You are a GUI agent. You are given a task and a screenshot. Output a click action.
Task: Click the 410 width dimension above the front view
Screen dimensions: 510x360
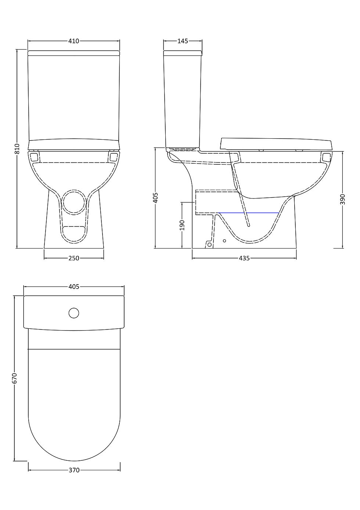pos(74,41)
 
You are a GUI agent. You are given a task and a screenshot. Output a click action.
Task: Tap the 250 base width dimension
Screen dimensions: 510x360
pos(74,258)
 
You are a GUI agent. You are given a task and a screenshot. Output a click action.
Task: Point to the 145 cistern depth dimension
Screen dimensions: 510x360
pos(183,41)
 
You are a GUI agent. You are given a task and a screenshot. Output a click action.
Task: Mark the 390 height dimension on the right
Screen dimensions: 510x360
pos(343,199)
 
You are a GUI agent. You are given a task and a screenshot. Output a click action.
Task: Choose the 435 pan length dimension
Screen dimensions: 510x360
pos(244,258)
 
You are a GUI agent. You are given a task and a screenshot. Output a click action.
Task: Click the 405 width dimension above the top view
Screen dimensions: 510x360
pos(74,287)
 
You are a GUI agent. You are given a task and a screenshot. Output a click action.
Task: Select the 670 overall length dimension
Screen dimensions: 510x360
pos(15,378)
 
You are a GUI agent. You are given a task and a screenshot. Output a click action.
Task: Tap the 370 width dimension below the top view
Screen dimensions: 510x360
pos(74,470)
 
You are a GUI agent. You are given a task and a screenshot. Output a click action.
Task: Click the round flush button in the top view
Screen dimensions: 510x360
pos(74,313)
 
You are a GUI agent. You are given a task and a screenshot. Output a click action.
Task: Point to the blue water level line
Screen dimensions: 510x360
pos(248,213)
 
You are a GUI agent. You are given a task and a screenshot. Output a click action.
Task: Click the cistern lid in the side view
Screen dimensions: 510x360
pos(183,53)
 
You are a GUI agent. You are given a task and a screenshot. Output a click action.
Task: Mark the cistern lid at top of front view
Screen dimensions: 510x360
pos(74,53)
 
